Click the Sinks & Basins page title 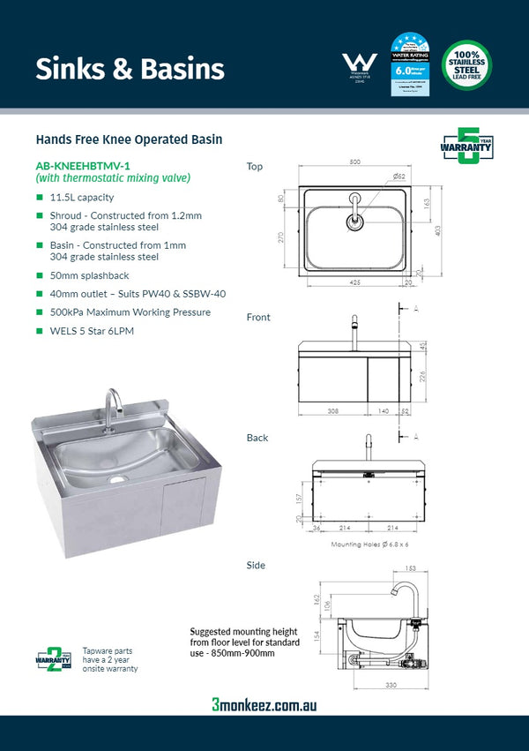[130, 69]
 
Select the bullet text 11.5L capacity [82, 198]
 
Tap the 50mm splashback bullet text [93, 276]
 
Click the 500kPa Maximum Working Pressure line [130, 312]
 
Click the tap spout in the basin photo [112, 405]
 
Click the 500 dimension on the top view [354, 163]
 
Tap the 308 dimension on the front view [332, 412]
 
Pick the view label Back [257, 438]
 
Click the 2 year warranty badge [53, 657]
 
